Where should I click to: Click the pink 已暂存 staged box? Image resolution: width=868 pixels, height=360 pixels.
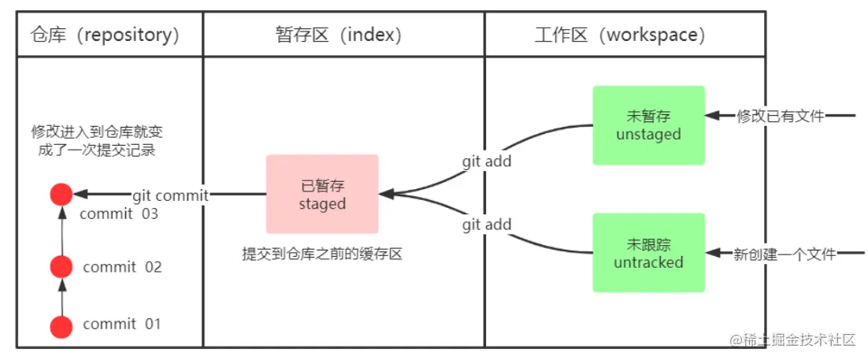click(x=322, y=194)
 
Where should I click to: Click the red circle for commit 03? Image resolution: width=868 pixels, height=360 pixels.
click(x=61, y=195)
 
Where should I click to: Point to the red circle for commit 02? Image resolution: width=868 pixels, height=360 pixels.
click(x=61, y=267)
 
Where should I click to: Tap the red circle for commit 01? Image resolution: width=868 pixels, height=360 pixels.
click(x=61, y=325)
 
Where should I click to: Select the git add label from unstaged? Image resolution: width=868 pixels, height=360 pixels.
click(x=486, y=161)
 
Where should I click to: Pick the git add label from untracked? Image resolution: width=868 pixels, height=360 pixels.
click(x=486, y=225)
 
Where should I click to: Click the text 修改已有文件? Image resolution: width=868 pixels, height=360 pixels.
click(x=780, y=117)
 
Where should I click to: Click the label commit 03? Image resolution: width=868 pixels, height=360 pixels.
click(x=120, y=213)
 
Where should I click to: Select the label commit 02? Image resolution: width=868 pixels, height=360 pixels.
click(x=121, y=267)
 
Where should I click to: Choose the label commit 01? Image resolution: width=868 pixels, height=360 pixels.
click(x=121, y=324)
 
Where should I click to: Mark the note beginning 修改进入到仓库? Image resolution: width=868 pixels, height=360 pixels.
click(x=97, y=140)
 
